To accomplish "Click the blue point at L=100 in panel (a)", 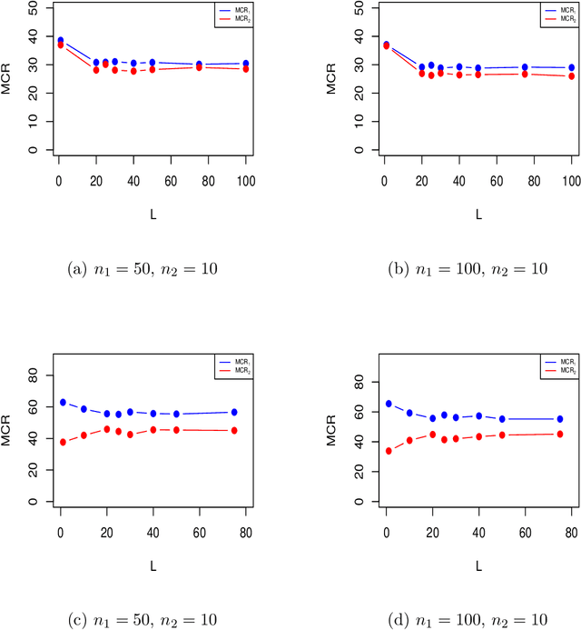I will point(245,64).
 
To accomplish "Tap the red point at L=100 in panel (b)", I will point(571,76).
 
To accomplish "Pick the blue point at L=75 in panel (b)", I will point(525,67).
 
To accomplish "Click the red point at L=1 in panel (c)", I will point(63,443).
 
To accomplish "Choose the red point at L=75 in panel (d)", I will point(559,435).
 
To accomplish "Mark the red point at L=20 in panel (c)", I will point(107,429).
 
